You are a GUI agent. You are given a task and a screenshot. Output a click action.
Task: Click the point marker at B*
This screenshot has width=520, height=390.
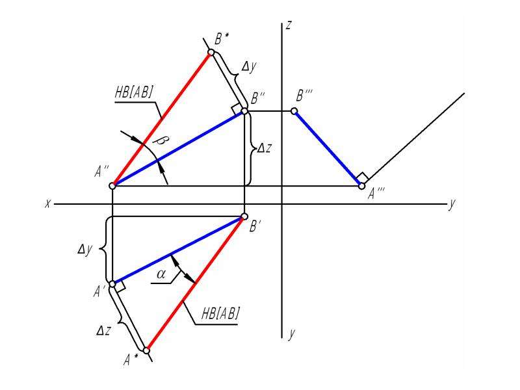[x=211, y=52]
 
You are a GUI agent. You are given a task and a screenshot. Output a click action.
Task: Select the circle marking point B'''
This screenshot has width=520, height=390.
[x=294, y=111]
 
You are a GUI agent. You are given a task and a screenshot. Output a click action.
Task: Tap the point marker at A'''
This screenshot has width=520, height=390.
[x=362, y=186]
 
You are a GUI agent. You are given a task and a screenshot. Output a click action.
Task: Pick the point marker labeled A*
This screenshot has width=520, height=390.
[x=146, y=350]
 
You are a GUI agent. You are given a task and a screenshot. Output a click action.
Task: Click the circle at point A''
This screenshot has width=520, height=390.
[x=112, y=186]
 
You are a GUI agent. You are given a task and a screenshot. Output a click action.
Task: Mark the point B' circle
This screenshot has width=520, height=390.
[x=244, y=216]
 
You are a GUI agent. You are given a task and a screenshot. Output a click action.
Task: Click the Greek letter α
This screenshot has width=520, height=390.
[x=161, y=274]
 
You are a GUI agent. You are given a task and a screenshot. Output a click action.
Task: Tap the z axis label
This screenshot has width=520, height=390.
[x=289, y=25]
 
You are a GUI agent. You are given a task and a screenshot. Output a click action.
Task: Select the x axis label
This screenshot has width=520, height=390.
[x=48, y=203]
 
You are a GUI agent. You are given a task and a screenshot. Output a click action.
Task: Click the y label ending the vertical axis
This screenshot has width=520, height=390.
[x=291, y=333]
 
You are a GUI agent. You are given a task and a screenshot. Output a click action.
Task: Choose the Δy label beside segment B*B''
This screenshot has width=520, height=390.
[x=249, y=68]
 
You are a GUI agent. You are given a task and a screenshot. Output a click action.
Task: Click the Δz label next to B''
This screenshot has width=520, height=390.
[x=264, y=148]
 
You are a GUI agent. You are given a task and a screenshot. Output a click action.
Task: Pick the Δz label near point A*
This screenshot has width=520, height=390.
[x=103, y=330]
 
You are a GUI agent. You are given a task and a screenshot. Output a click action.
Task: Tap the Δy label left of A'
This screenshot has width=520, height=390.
[x=85, y=249]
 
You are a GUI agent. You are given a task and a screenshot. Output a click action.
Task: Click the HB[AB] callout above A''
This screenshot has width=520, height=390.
[x=134, y=92]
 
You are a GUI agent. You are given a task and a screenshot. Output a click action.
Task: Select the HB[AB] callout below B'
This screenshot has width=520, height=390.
[x=220, y=313]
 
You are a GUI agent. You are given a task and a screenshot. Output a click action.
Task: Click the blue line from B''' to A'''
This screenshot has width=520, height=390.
[x=328, y=148]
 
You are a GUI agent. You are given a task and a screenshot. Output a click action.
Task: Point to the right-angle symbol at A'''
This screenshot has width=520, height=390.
[x=363, y=177]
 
